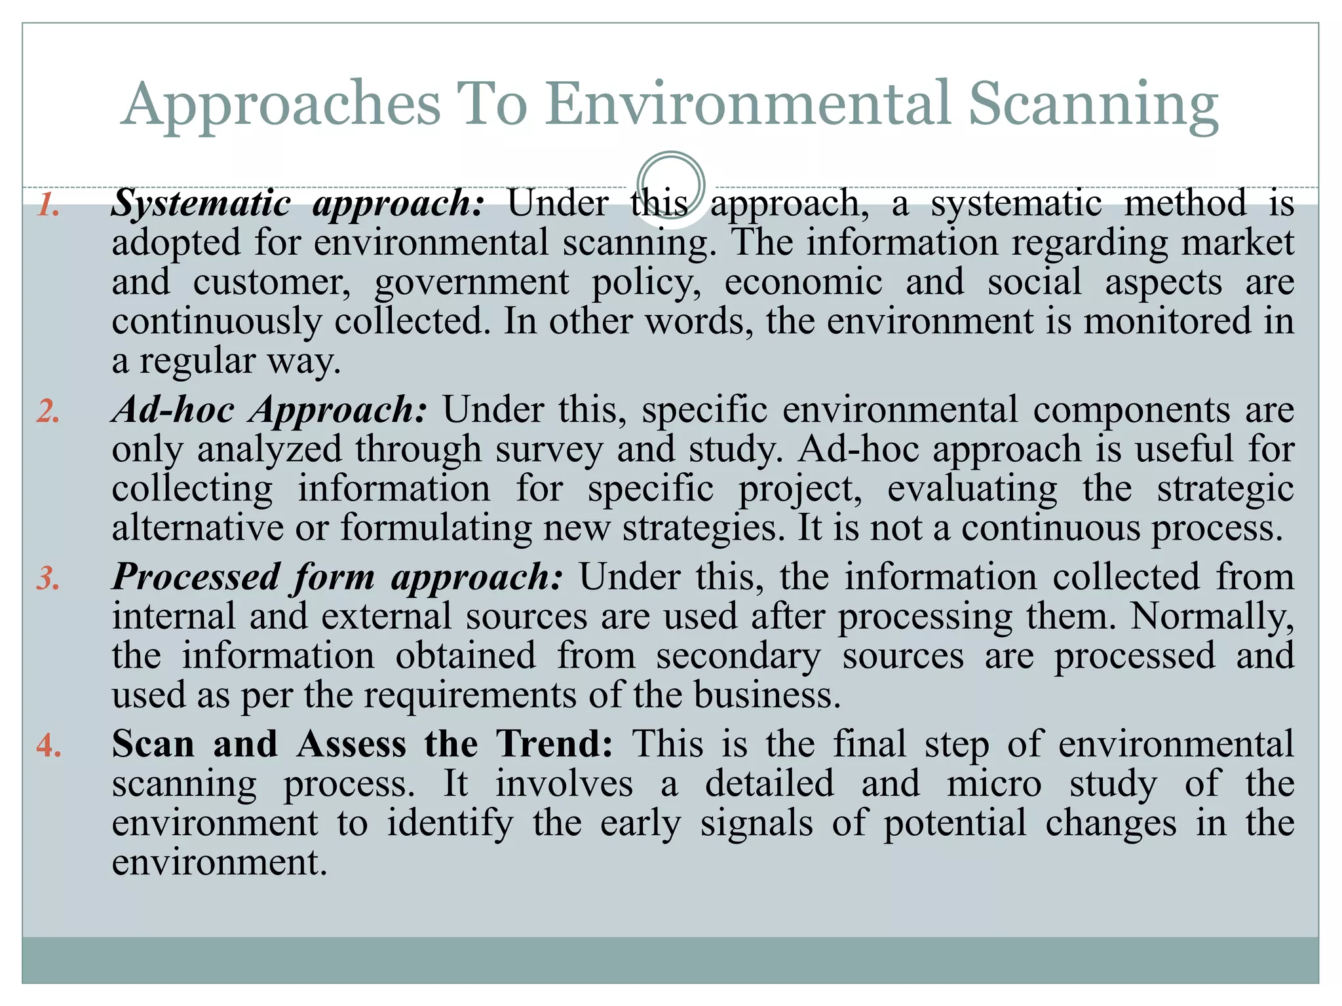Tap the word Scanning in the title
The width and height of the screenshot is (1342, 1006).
(1093, 105)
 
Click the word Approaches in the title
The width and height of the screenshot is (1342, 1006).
(280, 105)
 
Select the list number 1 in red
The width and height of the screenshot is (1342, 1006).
(48, 205)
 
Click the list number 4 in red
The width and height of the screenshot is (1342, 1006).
(49, 746)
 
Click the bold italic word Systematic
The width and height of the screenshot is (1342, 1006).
(201, 203)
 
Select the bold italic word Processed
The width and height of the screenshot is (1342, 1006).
(196, 578)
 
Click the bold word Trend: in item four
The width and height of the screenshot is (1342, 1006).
(554, 744)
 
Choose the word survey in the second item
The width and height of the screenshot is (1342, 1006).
(549, 451)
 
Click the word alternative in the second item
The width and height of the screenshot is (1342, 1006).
(197, 528)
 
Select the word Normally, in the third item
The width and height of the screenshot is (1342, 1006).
(1212, 616)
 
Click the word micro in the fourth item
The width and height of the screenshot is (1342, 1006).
(994, 784)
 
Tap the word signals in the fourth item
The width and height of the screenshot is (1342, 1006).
(757, 823)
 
